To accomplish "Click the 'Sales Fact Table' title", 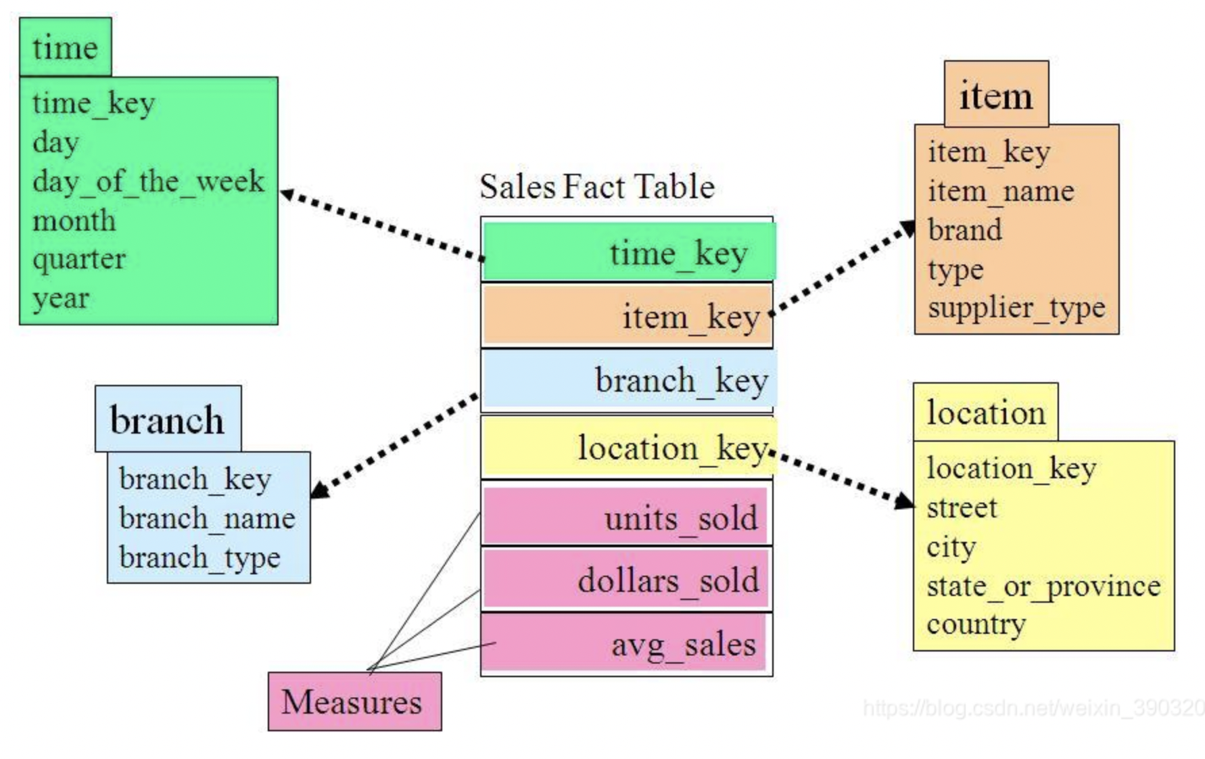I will tap(596, 187).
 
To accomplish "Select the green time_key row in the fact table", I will tap(629, 252).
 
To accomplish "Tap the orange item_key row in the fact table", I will tap(627, 316).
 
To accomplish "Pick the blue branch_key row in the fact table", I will tap(629, 379).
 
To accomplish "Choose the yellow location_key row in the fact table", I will tap(629, 447).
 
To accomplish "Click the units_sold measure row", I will tap(625, 517).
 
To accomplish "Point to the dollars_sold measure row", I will tap(625, 580).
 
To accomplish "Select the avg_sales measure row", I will tap(625, 643).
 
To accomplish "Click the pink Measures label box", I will tap(354, 701).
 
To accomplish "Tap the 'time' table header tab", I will tap(65, 47).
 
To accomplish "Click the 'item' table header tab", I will tap(995, 95).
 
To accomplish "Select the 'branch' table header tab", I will tap(167, 419).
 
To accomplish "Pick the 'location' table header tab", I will tap(985, 413).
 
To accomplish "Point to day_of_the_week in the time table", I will tap(148, 181).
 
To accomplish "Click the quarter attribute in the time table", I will tap(79, 259).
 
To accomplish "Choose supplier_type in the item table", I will tap(1016, 308).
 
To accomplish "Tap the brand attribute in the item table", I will tap(965, 230).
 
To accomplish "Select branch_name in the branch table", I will tap(207, 519).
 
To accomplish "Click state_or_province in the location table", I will tap(1043, 586).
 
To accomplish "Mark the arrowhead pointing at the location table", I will tap(903, 501).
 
